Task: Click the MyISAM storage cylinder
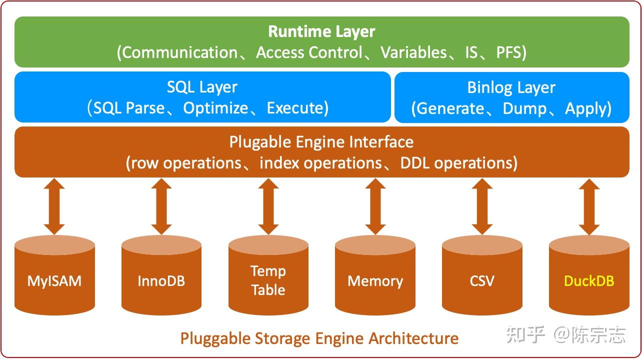point(54,280)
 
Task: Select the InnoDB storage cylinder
point(161,280)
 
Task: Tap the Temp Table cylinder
point(268,280)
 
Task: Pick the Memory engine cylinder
point(375,280)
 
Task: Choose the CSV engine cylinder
point(482,280)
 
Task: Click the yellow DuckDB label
point(589,281)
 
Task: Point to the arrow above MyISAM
point(54,206)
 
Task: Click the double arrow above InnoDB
point(161,206)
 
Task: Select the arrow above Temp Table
point(268,206)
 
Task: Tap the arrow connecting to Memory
point(375,206)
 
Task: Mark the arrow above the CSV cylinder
point(482,206)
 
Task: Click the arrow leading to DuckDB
point(589,206)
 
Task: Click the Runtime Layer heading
point(321,31)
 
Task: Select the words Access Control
point(309,52)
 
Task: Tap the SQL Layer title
point(202,87)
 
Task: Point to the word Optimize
point(215,108)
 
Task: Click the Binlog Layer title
point(511,87)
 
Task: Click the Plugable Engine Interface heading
point(321,142)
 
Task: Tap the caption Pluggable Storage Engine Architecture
point(319,338)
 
